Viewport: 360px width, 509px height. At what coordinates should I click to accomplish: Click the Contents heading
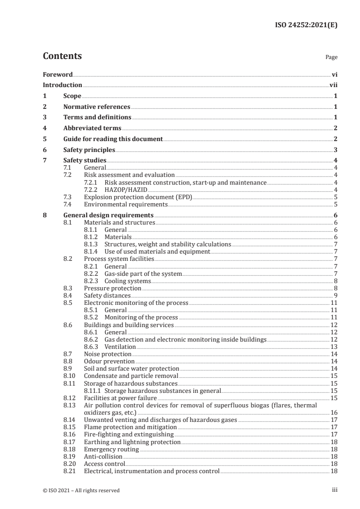pos(62,56)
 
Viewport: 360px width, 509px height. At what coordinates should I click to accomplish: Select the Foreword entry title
pos(58,74)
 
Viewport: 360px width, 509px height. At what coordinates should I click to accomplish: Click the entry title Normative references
pos(97,107)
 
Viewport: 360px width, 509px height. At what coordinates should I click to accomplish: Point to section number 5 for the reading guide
pos(44,139)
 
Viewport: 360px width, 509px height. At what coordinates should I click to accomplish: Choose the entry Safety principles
pos(89,150)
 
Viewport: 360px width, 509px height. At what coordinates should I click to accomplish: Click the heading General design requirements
pos(108,215)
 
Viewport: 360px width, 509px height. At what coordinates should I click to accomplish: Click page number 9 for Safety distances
pos(335,295)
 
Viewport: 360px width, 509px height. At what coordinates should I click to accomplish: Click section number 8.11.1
pos(93,391)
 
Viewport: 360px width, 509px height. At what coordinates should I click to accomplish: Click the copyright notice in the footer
pos(81,490)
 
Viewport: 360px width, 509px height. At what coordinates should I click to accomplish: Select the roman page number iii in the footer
pos(335,490)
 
